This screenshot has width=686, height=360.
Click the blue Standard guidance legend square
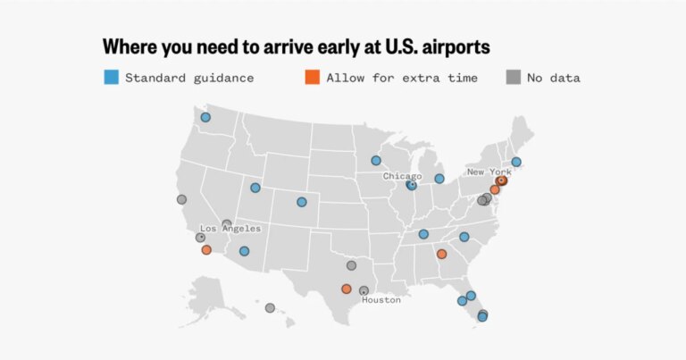point(111,78)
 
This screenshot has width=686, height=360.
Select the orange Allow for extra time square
point(312,78)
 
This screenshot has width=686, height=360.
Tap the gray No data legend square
point(513,78)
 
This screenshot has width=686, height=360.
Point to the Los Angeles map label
point(230,229)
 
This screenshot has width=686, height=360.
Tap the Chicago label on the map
point(402,176)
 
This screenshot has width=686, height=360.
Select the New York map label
point(489,172)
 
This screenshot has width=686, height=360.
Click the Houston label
point(381,300)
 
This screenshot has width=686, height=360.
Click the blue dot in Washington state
point(205,117)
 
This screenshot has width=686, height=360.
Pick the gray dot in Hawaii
point(270,308)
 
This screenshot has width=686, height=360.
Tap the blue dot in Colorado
point(302,202)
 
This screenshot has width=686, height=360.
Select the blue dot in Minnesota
point(376,161)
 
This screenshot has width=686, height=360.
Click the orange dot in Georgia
point(441,254)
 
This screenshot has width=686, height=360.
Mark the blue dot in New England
point(516,162)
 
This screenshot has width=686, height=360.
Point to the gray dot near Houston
point(364,290)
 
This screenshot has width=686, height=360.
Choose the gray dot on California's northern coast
point(181,199)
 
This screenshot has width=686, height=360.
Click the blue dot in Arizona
point(244,251)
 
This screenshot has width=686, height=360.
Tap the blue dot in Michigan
point(439,179)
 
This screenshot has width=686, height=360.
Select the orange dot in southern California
point(206,250)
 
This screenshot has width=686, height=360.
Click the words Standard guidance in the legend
point(189,78)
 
